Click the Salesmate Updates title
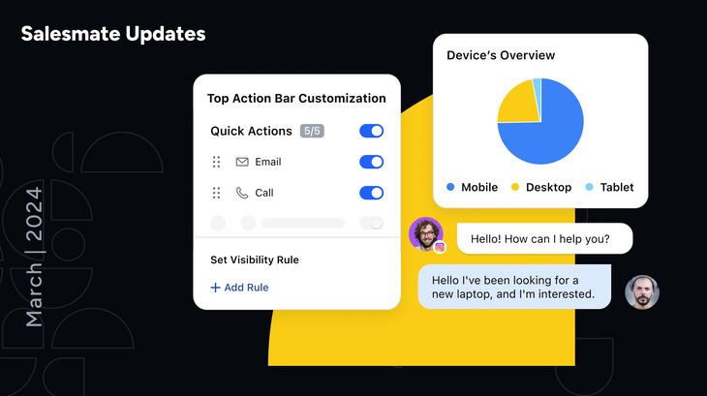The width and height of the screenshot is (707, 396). (113, 34)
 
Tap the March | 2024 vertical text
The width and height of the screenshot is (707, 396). (34, 257)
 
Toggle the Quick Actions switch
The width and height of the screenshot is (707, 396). (371, 131)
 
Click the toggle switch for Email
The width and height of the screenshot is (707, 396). (371, 162)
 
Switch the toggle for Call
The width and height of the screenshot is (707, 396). (371, 193)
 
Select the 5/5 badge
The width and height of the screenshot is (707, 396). (312, 131)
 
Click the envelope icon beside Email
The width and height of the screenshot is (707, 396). (242, 162)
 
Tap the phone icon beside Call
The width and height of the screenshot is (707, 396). (242, 193)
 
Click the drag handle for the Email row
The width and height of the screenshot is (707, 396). (216, 162)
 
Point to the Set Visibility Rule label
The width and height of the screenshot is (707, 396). (255, 259)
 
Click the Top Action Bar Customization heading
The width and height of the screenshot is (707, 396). (296, 98)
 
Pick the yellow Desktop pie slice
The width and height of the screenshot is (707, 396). (517, 104)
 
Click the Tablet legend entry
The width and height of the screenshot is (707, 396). (610, 187)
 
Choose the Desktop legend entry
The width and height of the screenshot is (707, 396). (541, 187)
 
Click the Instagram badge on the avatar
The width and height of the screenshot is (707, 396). (440, 247)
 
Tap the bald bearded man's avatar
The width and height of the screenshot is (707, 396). (641, 291)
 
